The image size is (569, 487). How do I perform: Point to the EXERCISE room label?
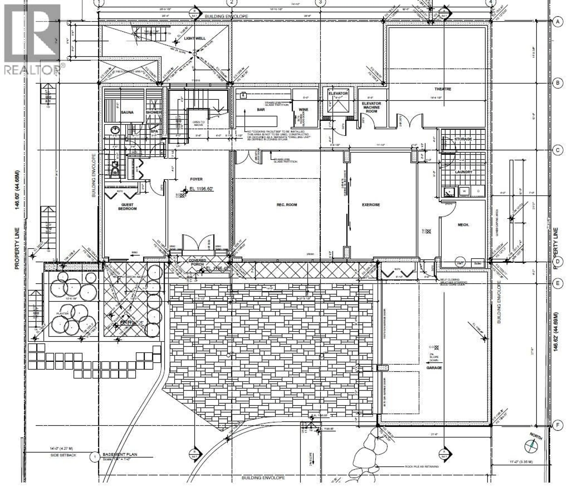point(371,205)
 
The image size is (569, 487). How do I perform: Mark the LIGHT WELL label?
point(195,38)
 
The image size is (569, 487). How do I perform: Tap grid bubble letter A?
point(557,21)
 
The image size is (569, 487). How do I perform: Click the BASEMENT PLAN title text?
point(120,454)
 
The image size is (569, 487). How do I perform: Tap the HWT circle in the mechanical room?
point(460,263)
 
